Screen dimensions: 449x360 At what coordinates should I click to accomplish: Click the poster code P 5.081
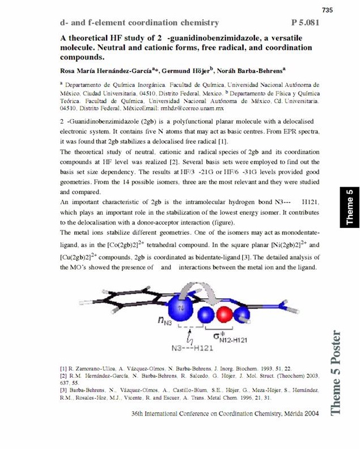click(306, 23)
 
